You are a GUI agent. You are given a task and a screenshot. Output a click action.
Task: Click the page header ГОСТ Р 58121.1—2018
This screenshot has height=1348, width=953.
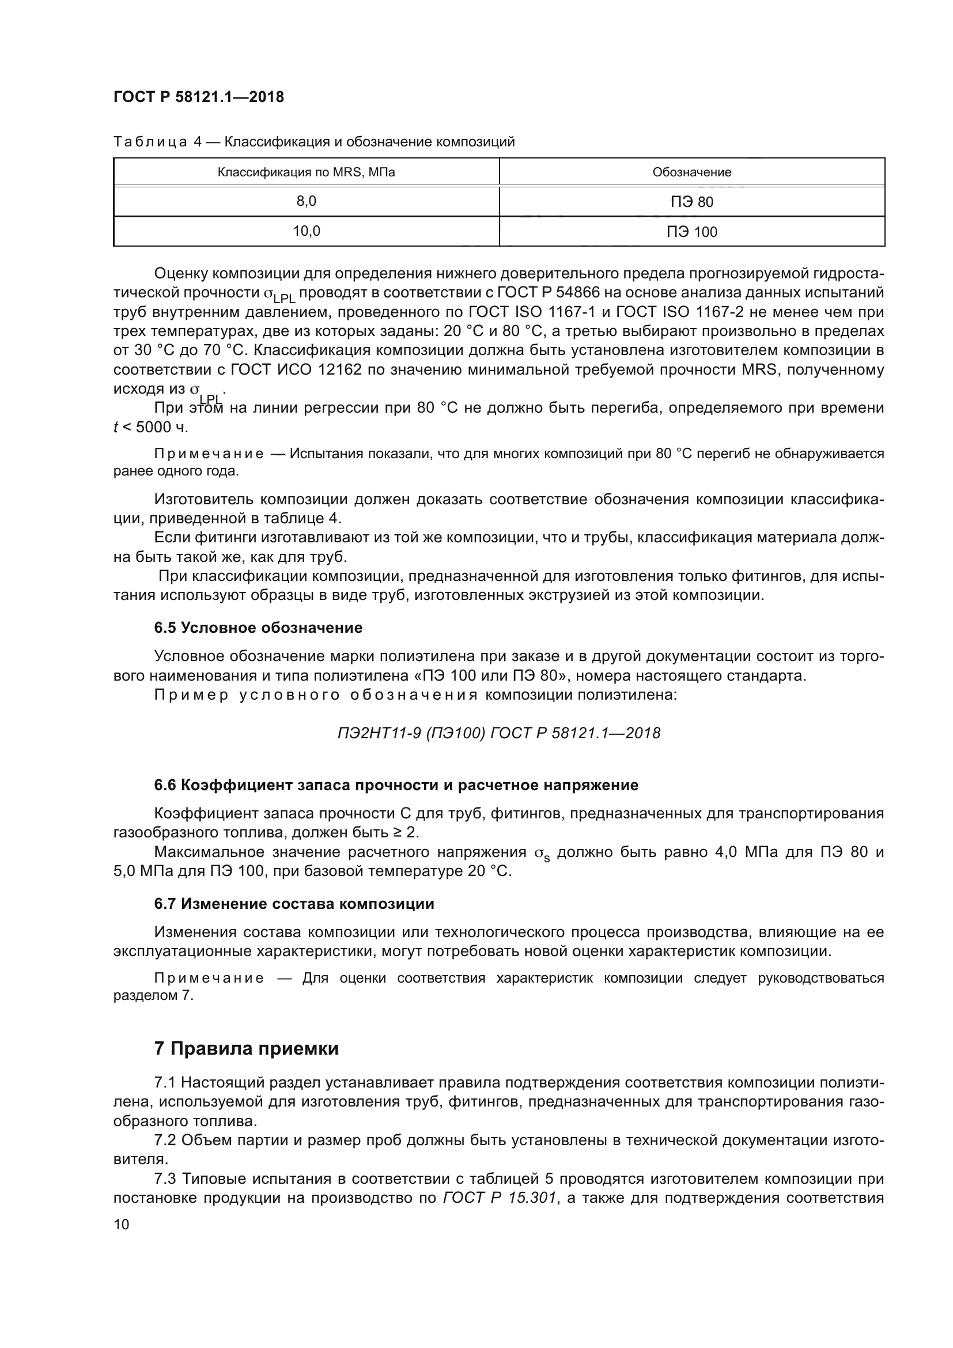[x=198, y=97]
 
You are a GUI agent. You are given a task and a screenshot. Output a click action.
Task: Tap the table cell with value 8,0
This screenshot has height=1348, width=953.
[x=307, y=201]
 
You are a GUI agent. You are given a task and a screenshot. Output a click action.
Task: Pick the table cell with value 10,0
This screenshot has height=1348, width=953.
[x=307, y=231]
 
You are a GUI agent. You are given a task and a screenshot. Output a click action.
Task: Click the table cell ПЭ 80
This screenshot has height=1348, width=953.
[x=692, y=202]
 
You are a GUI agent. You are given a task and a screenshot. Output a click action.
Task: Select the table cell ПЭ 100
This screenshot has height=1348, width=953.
[x=692, y=232]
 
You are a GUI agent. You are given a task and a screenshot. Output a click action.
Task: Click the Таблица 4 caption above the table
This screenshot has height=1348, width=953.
[x=314, y=142]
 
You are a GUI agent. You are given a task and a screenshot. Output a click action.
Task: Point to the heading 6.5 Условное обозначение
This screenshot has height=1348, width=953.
[x=258, y=628]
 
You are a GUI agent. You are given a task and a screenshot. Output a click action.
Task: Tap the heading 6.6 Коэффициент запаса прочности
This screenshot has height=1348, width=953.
[x=396, y=785]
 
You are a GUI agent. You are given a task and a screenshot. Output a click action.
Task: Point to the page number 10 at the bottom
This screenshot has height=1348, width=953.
[x=122, y=1224]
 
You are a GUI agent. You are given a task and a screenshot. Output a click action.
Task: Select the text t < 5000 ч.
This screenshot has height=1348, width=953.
[x=151, y=428]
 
